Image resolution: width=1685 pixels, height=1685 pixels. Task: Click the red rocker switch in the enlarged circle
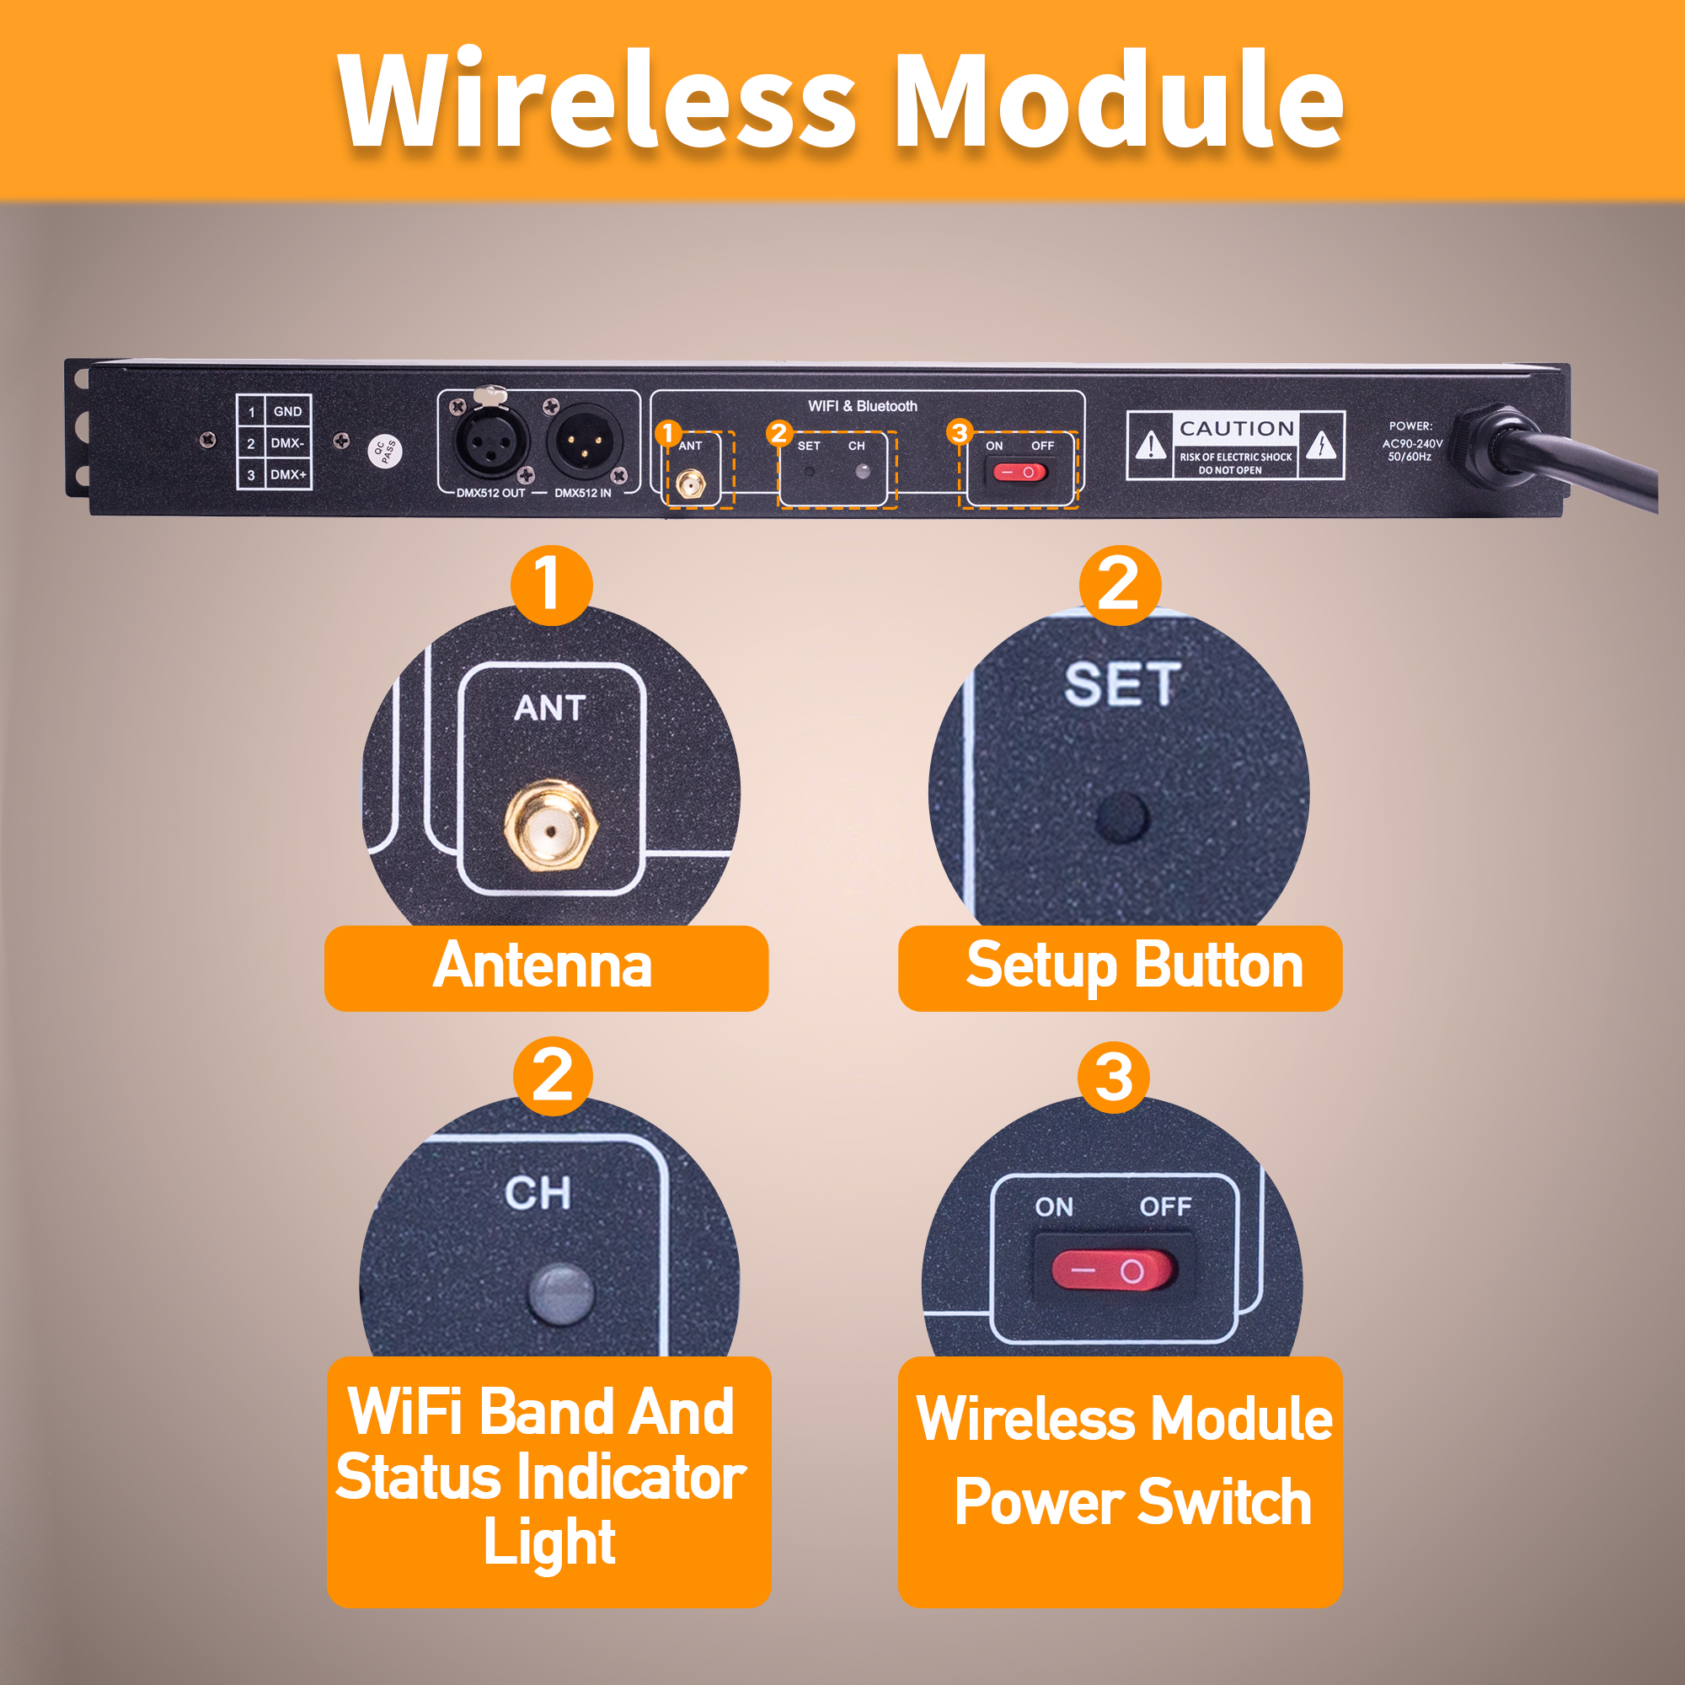[x=1114, y=1270]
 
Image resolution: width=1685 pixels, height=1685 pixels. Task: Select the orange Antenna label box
[x=546, y=968]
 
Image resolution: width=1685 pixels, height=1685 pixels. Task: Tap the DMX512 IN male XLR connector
[x=584, y=441]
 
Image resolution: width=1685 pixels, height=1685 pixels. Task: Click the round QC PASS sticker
[x=385, y=450]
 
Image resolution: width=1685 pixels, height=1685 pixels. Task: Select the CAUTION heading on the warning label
[x=1236, y=428]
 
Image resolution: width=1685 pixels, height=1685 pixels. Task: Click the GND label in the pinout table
[x=287, y=412]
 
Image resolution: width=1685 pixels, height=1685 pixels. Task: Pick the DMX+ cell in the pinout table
[x=287, y=474]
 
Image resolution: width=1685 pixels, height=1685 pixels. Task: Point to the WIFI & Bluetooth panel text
[x=862, y=406]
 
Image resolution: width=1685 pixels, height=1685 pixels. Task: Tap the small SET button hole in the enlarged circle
[x=1122, y=817]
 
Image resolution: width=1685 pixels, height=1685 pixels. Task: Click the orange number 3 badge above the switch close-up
[x=1114, y=1078]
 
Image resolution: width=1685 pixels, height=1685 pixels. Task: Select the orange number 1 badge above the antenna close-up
[x=550, y=585]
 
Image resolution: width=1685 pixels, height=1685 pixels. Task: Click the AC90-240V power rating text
[x=1412, y=444]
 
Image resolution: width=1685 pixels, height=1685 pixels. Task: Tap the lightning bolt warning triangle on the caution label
[x=1321, y=445]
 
